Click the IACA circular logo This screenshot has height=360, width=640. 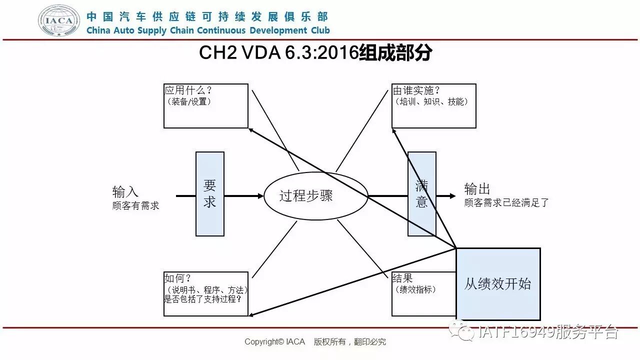(59, 21)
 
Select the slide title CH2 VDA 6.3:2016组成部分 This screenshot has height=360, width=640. (315, 53)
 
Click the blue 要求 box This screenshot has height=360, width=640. (210, 194)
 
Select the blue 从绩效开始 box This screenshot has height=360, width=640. (498, 284)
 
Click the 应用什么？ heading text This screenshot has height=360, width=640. (187, 90)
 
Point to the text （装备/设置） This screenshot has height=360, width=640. (189, 101)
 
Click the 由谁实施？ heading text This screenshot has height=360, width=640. (416, 90)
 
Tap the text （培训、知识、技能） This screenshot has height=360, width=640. (431, 101)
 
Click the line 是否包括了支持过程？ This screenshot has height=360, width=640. (203, 299)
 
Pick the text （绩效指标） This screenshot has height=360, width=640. (415, 289)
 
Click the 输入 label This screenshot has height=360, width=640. (125, 191)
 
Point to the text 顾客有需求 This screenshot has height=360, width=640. (136, 205)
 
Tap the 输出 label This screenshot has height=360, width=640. (477, 189)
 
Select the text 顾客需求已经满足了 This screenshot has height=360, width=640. (506, 203)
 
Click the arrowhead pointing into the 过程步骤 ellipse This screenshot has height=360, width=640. (260, 196)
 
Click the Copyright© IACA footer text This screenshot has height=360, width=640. (274, 342)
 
